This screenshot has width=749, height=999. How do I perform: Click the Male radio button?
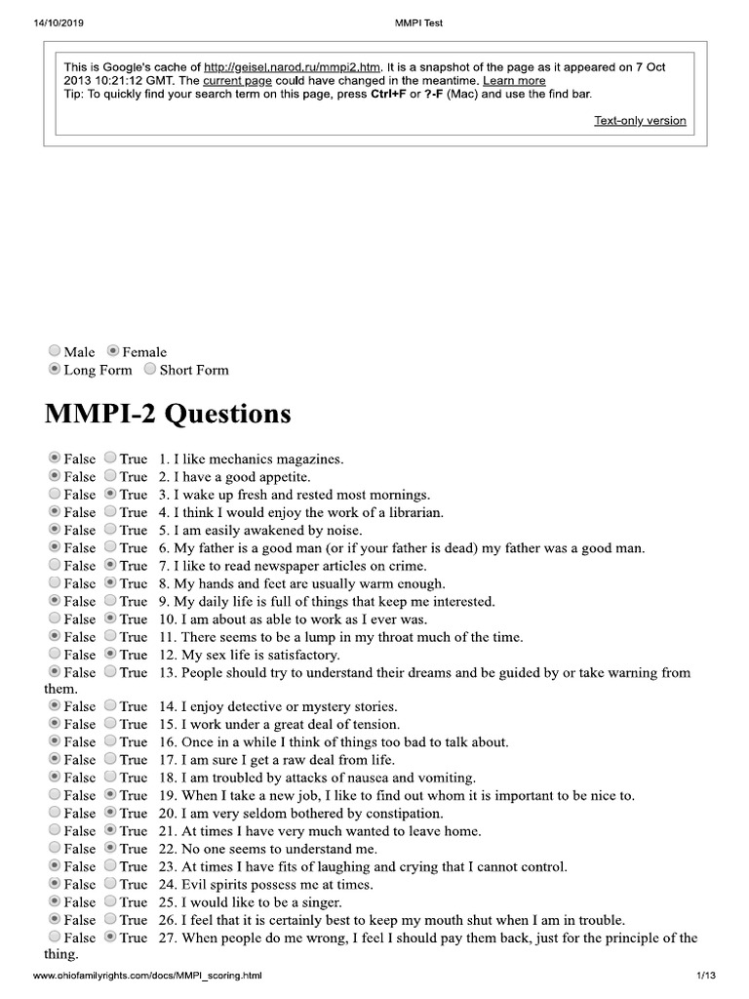[x=54, y=351]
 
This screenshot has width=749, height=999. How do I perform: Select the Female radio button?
[x=113, y=351]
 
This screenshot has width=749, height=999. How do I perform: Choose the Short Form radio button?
[x=150, y=370]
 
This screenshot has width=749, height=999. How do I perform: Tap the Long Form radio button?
[x=54, y=370]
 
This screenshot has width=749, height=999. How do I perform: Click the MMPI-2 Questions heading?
[x=168, y=414]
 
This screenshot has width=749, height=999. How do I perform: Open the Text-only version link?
[x=640, y=121]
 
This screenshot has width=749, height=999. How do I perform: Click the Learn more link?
[x=514, y=81]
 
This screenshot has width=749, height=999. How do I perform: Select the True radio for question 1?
[x=110, y=458]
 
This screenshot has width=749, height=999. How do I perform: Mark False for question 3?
[x=54, y=495]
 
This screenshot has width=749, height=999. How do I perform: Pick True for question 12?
[x=110, y=655]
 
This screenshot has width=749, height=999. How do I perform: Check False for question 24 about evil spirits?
[x=54, y=885]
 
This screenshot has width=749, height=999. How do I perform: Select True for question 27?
[x=110, y=938]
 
